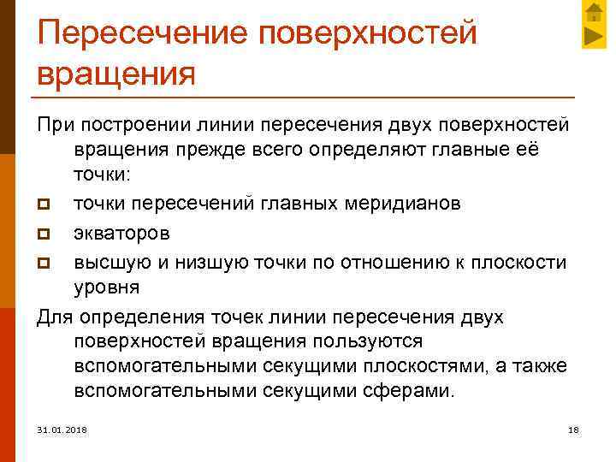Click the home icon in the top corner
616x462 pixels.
pos(593,13)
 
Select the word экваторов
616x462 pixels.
pos(121,231)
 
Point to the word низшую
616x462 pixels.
pos(226,259)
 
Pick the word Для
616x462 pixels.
pos(56,318)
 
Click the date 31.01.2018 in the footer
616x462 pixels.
pos(62,428)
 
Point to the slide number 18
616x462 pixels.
pos(573,428)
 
